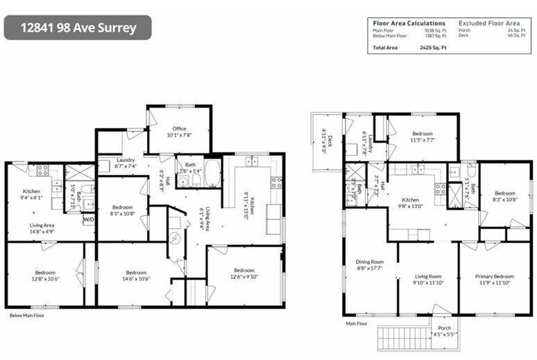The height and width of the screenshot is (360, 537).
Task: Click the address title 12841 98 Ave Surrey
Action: coord(78,28)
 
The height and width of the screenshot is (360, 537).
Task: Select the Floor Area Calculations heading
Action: coord(409,23)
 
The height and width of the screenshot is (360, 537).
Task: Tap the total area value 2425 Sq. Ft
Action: coord(433,47)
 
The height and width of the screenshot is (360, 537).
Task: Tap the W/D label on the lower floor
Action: coord(89,220)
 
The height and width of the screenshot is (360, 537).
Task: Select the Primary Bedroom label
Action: coord(494,276)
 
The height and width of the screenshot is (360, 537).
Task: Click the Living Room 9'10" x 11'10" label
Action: coord(427,279)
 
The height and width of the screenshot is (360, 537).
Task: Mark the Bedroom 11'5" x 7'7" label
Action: coord(423,136)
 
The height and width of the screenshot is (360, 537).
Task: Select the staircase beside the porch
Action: coord(398,340)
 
